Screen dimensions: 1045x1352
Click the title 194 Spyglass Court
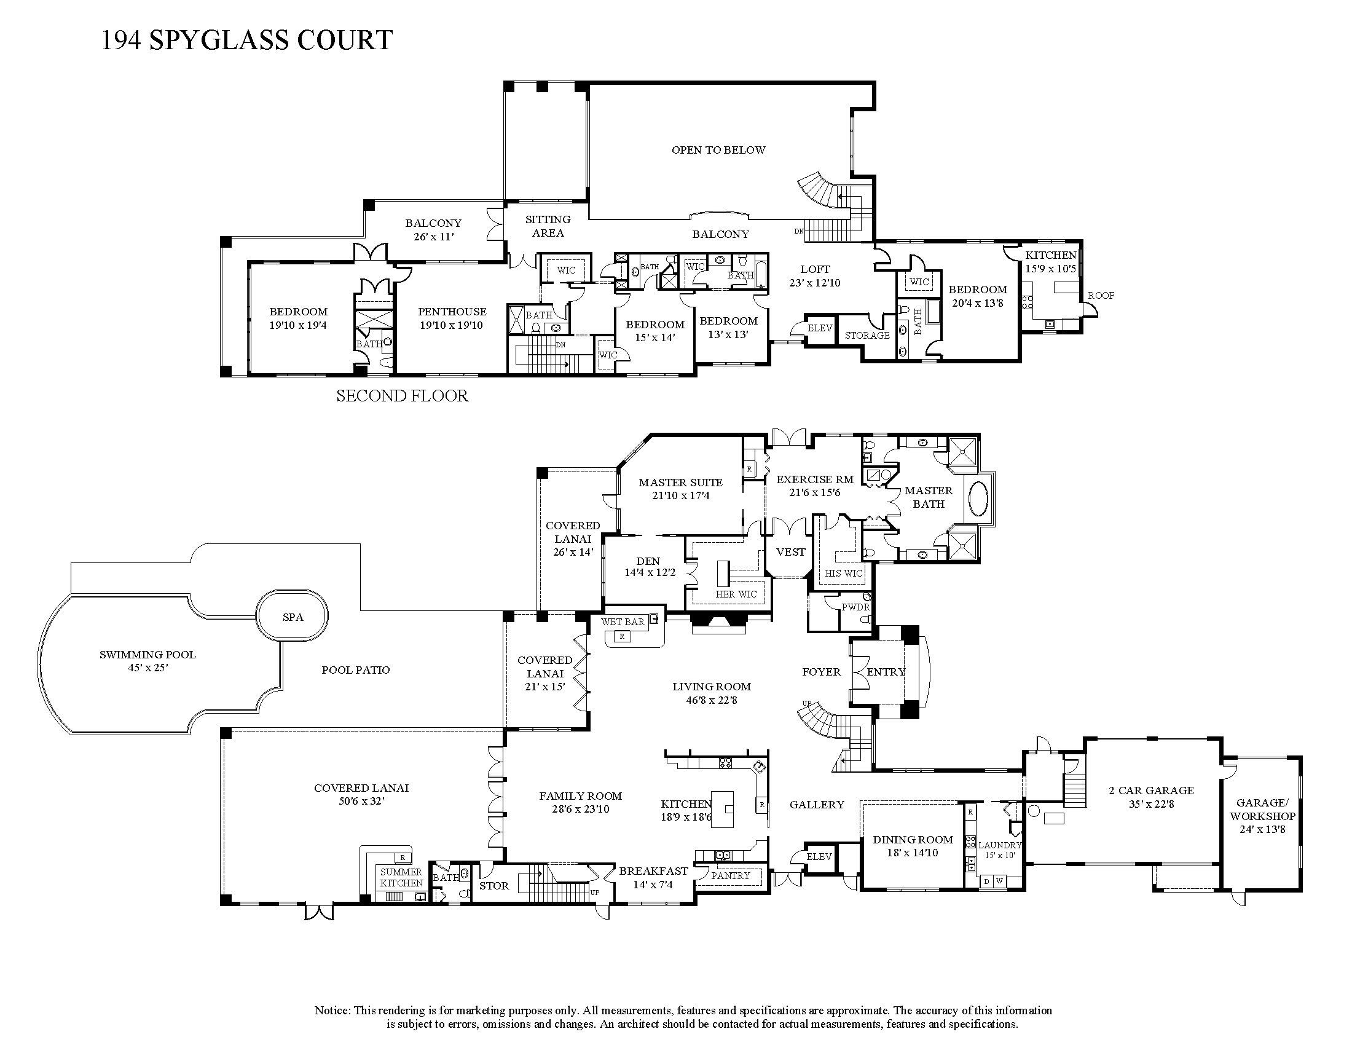[246, 40]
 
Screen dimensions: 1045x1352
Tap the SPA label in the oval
[293, 617]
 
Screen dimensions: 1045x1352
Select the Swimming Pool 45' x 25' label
[147, 661]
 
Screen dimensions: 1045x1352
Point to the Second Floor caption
[402, 396]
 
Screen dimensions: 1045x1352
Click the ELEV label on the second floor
[820, 328]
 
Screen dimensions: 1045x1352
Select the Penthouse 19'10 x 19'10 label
[452, 318]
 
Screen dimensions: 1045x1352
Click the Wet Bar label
[623, 621]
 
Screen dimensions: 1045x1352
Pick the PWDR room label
[855, 607]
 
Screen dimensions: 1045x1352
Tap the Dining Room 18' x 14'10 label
[913, 846]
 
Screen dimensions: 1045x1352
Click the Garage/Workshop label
[1262, 815]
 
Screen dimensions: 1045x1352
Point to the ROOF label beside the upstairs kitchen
[1101, 296]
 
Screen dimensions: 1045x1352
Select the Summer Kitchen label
[401, 877]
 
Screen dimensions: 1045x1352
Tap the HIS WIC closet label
[843, 574]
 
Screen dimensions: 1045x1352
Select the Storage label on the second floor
[867, 336]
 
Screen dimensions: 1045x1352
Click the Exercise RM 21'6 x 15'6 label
[815, 486]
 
